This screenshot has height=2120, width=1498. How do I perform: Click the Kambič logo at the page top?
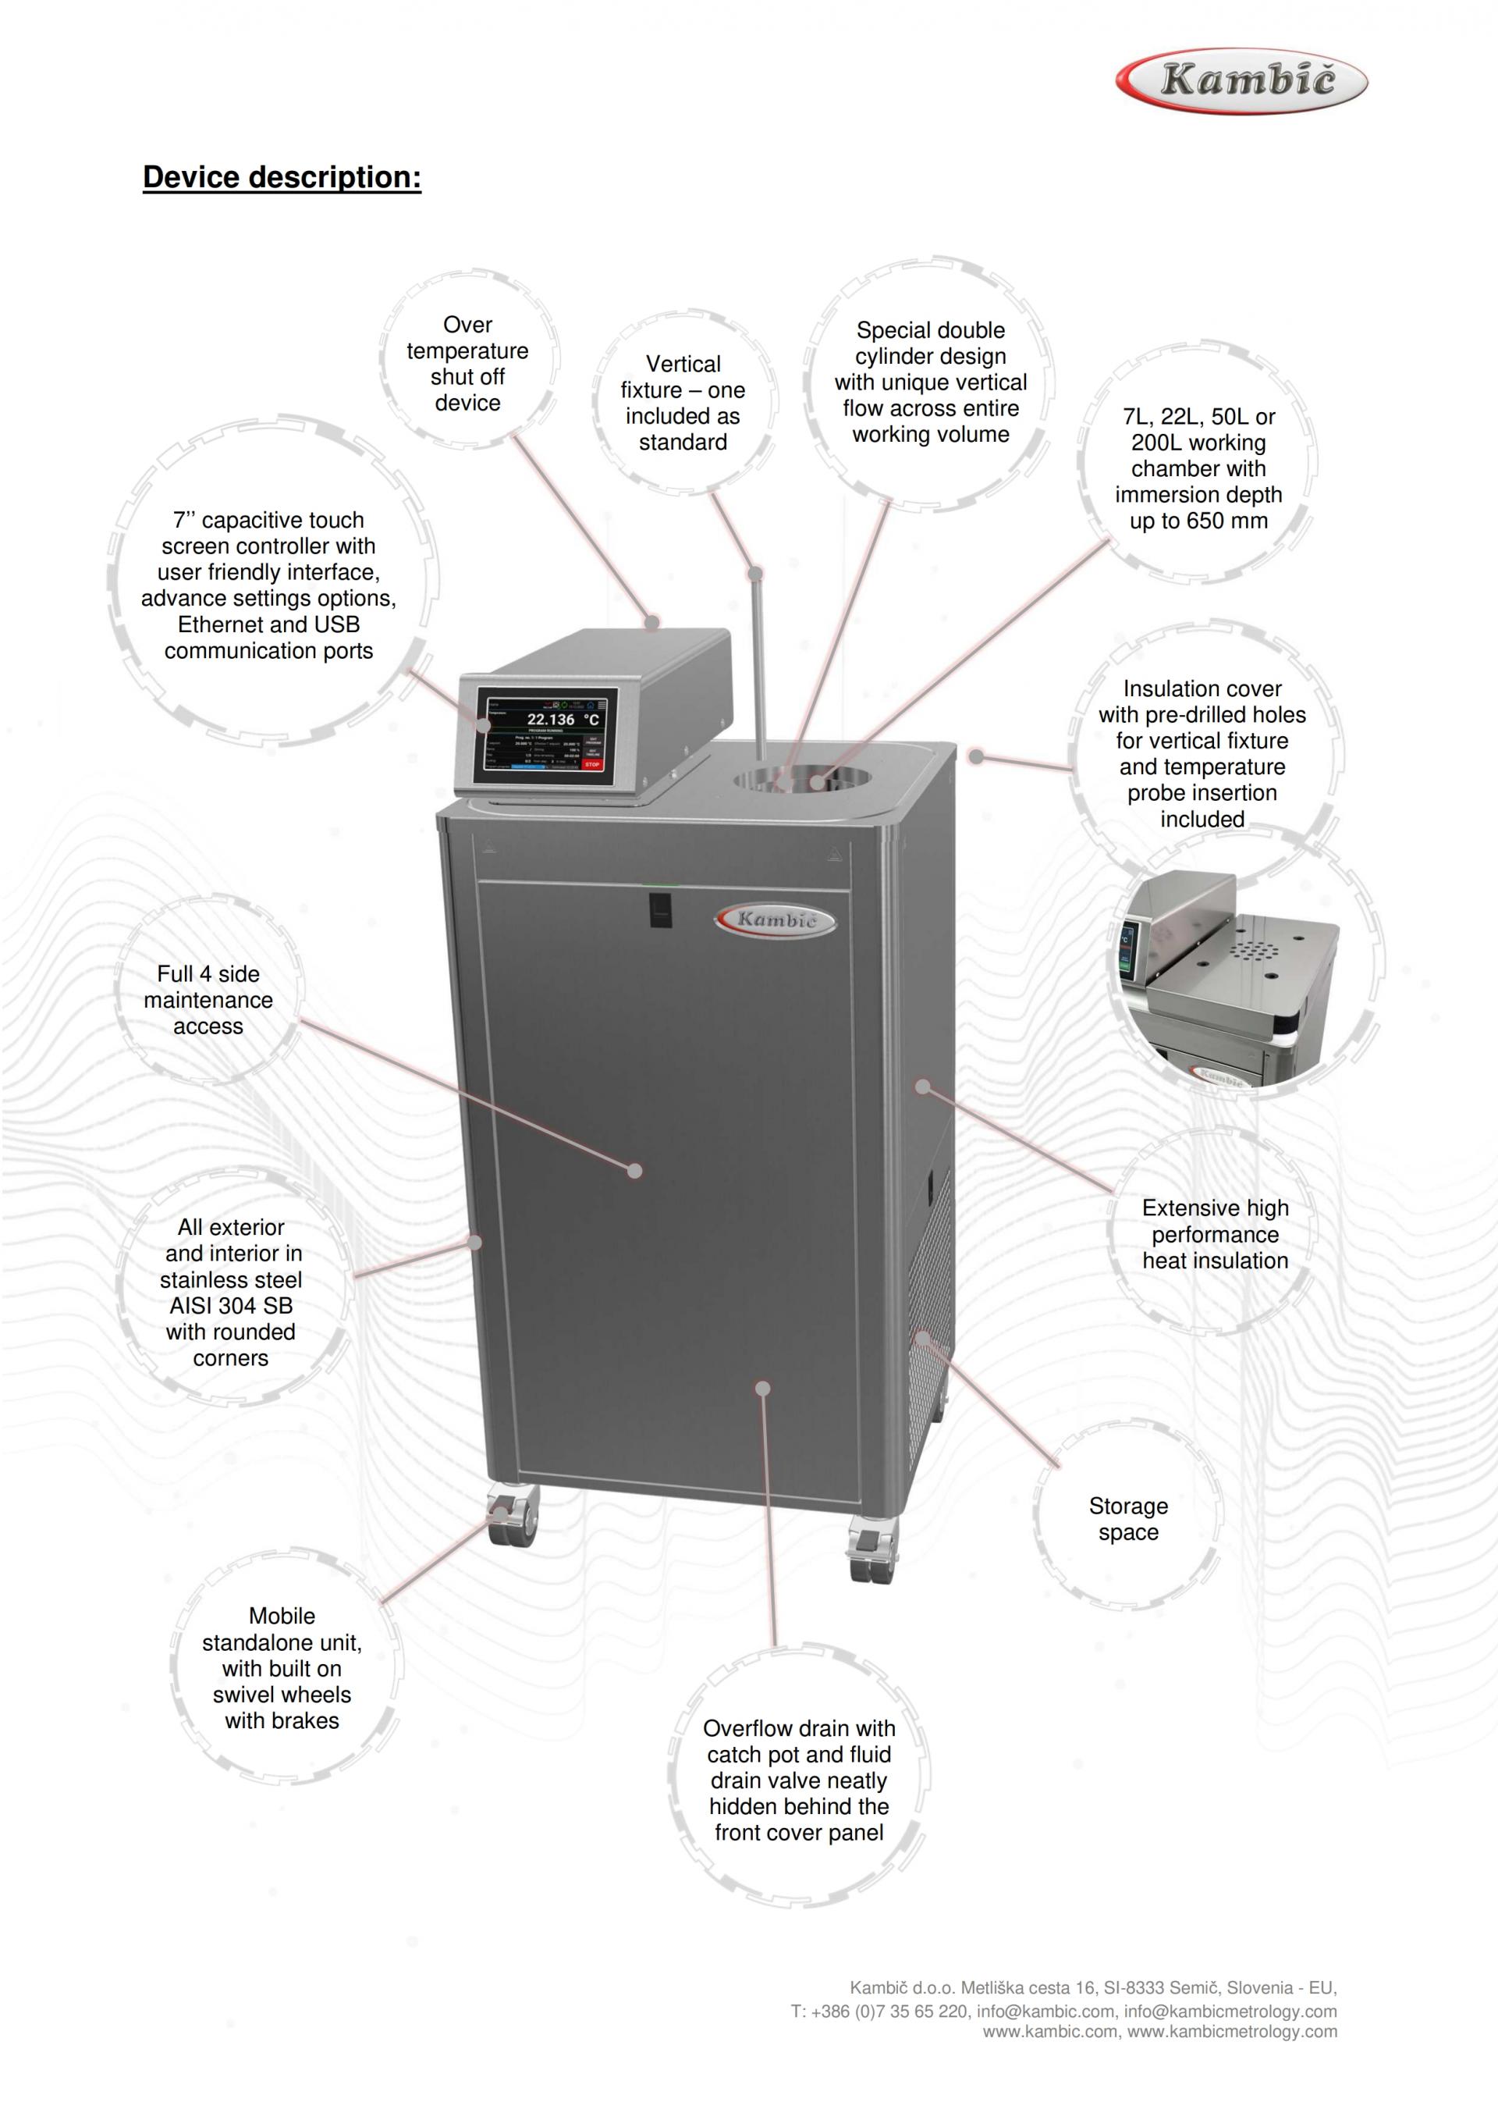[1241, 81]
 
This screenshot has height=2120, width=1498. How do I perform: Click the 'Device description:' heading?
[282, 176]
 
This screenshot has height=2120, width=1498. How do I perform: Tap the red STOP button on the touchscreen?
[591, 764]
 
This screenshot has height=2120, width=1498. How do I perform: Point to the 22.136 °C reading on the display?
[562, 720]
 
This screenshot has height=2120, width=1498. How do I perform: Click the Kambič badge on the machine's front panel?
[776, 919]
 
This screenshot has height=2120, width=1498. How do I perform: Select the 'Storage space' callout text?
[1128, 1519]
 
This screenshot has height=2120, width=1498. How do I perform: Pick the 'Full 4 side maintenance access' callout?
[208, 1000]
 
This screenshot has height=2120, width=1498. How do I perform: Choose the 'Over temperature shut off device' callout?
[467, 364]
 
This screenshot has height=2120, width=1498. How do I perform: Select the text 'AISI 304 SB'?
[231, 1306]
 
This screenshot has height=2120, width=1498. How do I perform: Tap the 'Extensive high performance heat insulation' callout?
[1215, 1235]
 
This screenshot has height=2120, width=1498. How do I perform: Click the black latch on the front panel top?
[660, 909]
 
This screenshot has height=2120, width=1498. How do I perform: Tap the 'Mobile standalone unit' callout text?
[282, 1669]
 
